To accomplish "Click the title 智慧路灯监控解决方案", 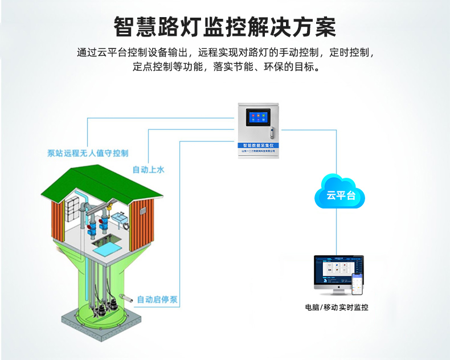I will (x=224, y=26).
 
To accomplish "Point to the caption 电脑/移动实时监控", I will (x=336, y=308).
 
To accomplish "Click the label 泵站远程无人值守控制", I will (x=88, y=153).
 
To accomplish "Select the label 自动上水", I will (x=149, y=170).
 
